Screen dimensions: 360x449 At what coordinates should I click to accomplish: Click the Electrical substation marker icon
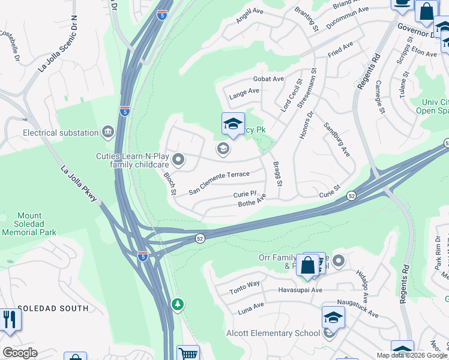pyautogui.click(x=108, y=132)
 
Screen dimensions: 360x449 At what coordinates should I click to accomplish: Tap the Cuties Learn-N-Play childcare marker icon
pyautogui.click(x=178, y=160)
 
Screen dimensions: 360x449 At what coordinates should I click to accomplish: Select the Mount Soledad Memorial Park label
pyautogui.click(x=29, y=224)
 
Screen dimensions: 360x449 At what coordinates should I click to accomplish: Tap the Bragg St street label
pyautogui.click(x=277, y=173)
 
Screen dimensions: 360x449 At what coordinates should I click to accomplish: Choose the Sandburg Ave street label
pyautogui.click(x=337, y=140)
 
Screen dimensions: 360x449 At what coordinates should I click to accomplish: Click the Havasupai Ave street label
pyautogui.click(x=300, y=290)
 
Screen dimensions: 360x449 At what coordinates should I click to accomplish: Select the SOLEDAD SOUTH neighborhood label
pyautogui.click(x=53, y=308)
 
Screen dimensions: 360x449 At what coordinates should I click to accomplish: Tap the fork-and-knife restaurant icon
pyautogui.click(x=10, y=319)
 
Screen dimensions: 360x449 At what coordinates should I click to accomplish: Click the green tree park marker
pyautogui.click(x=178, y=305)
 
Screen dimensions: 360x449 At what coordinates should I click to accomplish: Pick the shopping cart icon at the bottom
pyautogui.click(x=188, y=354)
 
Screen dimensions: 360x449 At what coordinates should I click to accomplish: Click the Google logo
pyautogui.click(x=20, y=353)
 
